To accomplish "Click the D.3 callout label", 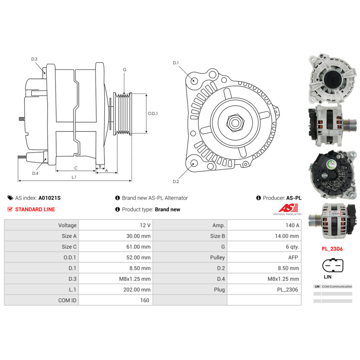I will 34,59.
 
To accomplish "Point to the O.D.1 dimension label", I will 153,113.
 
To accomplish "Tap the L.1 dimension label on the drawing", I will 74,177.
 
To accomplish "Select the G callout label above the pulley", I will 125,69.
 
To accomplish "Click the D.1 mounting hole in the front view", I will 194,80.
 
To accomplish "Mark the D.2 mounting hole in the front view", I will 193,164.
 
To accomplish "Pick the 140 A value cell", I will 292,225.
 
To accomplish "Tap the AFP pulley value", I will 293,257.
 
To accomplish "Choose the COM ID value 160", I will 144,300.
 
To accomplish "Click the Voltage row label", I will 67,225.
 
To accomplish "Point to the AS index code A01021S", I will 50,198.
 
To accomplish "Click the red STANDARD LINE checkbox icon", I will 10,209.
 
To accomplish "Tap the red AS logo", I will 288,208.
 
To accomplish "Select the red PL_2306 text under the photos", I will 332,249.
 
